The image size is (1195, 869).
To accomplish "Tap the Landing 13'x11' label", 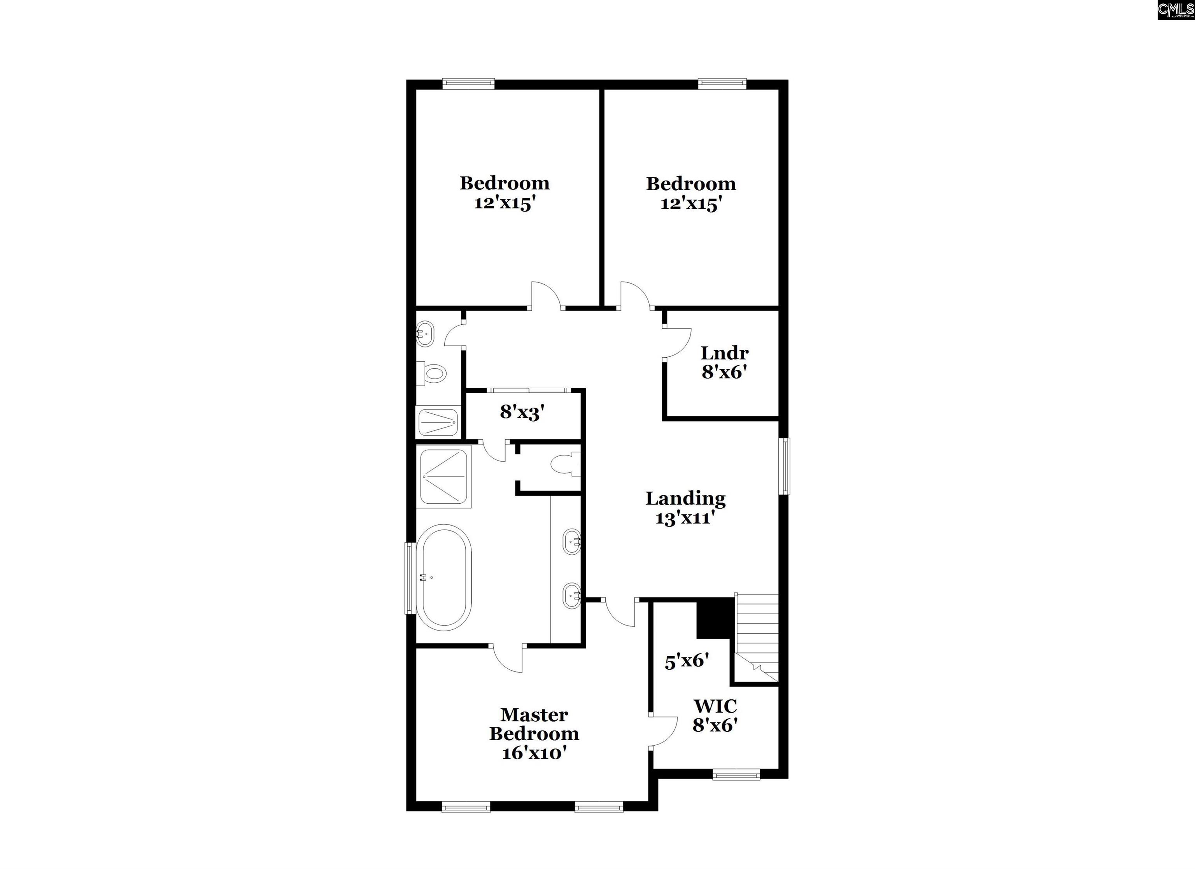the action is (x=685, y=508).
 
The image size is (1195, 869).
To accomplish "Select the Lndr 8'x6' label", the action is (x=724, y=363).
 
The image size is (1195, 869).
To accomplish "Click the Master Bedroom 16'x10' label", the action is (x=534, y=734).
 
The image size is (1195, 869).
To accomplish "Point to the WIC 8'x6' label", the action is (x=715, y=715).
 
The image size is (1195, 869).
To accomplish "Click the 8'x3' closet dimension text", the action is (x=522, y=412).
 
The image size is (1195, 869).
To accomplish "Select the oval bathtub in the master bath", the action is (x=443, y=578).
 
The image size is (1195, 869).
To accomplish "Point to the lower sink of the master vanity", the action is (x=572, y=596).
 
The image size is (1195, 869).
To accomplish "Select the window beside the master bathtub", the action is (x=409, y=578).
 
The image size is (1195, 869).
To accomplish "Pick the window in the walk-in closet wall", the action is (x=736, y=774).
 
